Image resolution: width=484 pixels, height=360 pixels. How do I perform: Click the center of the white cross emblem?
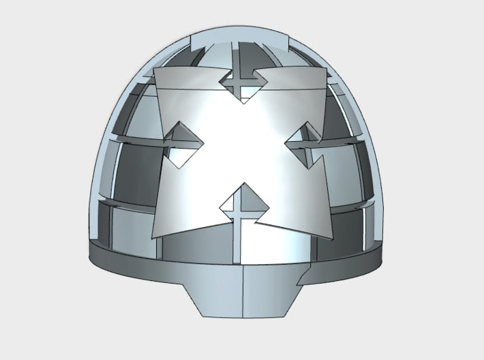242,147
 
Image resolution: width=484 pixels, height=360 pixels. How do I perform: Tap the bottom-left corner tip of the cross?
154,238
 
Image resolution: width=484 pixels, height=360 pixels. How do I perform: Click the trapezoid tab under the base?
243,294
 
